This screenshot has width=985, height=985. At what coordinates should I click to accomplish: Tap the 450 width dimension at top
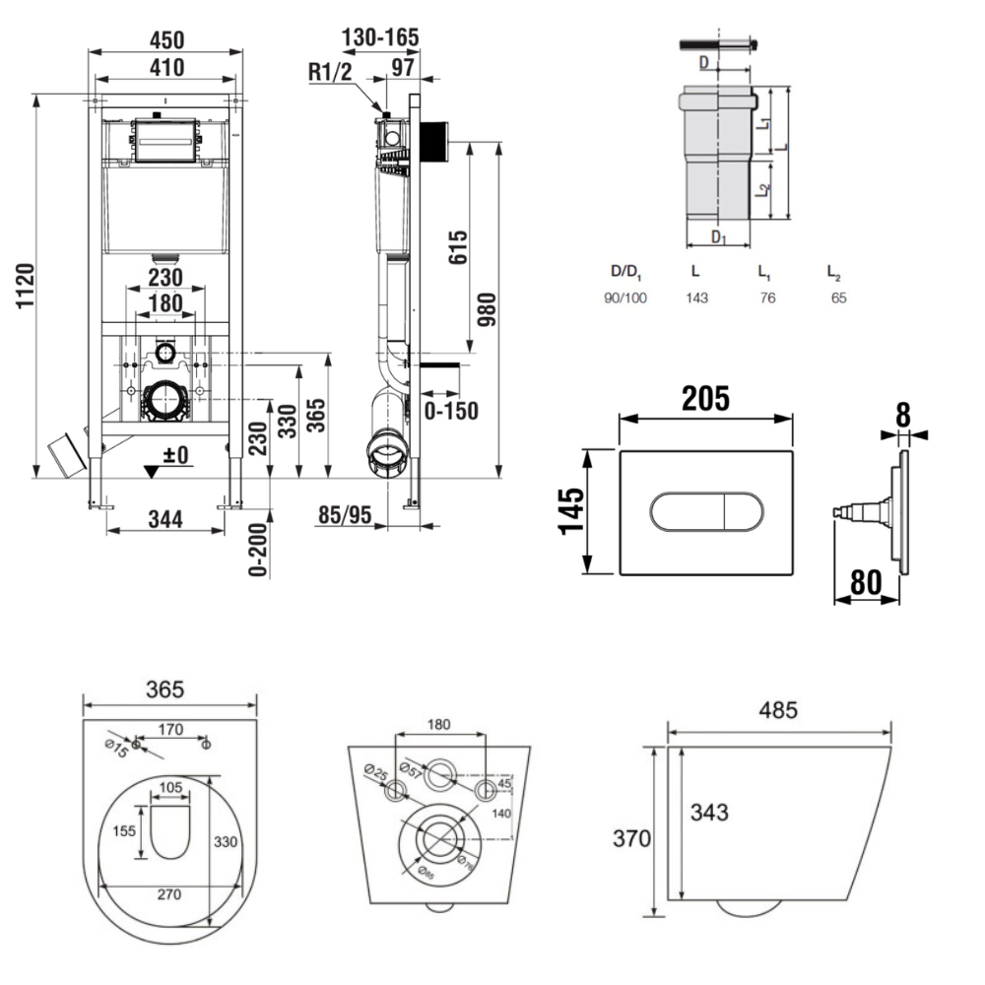tap(166, 39)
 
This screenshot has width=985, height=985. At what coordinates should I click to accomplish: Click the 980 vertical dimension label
tap(485, 311)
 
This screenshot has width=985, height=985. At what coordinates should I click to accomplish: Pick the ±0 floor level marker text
tap(176, 456)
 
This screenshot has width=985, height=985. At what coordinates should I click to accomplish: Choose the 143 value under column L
tap(697, 297)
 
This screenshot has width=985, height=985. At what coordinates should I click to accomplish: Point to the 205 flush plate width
tap(704, 398)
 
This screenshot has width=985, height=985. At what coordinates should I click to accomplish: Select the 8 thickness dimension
tap(902, 415)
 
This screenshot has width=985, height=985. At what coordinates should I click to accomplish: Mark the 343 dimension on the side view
tap(709, 812)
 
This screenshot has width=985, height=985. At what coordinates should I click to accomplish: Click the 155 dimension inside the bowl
tap(123, 830)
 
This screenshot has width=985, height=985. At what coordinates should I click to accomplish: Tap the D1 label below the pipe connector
tap(719, 237)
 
